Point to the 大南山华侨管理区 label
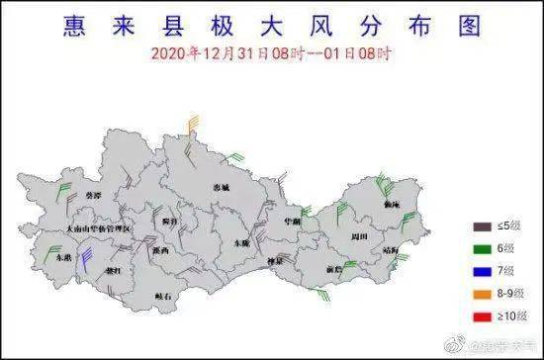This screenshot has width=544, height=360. pyautogui.click(x=98, y=227)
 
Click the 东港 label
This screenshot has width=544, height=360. pyautogui.click(x=63, y=256)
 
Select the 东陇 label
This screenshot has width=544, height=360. pyautogui.click(x=241, y=242)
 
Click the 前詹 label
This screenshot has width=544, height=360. pyautogui.click(x=332, y=268)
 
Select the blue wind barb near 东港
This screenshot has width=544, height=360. pyautogui.click(x=86, y=259)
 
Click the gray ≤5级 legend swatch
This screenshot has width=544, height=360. pyautogui.click(x=482, y=226)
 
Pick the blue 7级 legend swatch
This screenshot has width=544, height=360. pyautogui.click(x=482, y=270)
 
